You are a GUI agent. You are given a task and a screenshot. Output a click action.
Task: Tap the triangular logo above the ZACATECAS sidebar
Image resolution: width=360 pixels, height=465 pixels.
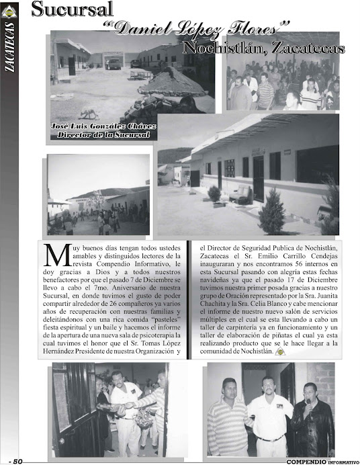pos(10,11)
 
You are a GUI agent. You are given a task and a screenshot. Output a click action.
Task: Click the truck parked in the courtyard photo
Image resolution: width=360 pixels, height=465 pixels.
pos(114,62)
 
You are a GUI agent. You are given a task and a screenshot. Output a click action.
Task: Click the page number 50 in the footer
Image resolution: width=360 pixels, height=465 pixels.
pos(17,460)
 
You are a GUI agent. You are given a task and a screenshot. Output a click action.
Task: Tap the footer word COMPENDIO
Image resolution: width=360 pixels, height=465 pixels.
pos(306,461)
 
